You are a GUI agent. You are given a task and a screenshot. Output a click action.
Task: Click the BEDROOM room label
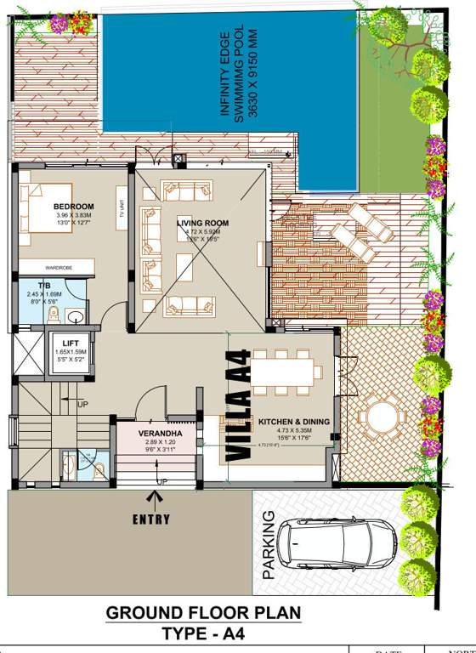(74, 207)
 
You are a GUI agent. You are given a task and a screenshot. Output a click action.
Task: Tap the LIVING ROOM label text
(203, 223)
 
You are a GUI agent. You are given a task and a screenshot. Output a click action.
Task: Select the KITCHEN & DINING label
(294, 421)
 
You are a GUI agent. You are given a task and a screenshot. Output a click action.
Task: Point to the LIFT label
(71, 343)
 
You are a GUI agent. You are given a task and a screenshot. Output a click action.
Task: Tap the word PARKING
(269, 545)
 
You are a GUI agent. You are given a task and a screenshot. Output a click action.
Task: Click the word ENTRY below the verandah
(151, 520)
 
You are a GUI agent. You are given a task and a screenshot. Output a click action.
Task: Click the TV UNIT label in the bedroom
(122, 208)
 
